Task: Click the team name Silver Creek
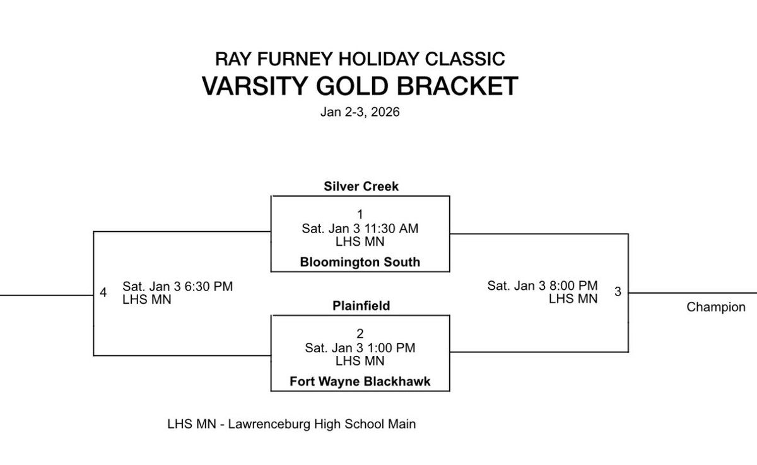pos(360,187)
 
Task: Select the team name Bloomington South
pos(360,262)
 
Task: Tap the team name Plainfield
pos(360,306)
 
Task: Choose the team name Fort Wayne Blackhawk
pos(360,381)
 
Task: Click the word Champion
pos(716,307)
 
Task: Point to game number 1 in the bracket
pos(360,214)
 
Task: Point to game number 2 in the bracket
pos(360,333)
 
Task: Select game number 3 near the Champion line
pos(618,292)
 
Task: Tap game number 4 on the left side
pos(103,292)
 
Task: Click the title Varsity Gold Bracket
pos(360,86)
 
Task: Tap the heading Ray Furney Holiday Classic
pos(360,59)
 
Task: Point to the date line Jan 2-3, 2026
pos(360,114)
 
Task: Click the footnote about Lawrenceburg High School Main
pos(291,424)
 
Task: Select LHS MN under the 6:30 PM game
pos(147,300)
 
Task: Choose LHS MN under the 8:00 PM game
pos(573,299)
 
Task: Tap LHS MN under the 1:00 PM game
pos(360,361)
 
